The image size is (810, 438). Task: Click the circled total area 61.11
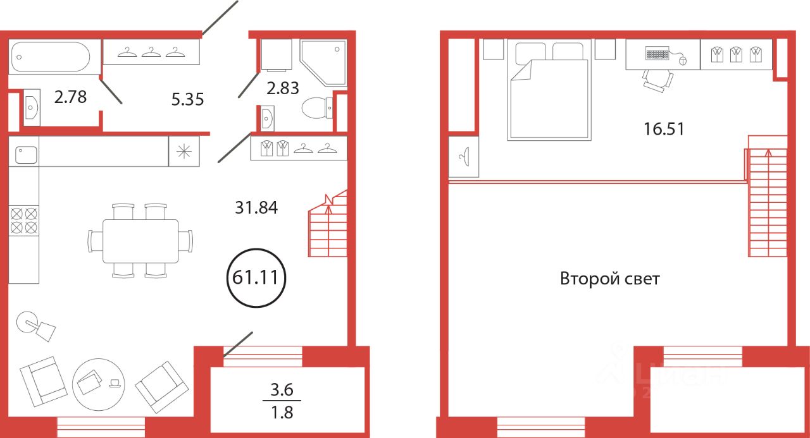point(256,277)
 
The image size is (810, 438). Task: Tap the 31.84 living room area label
point(256,208)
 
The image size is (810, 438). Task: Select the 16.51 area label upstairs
point(664,129)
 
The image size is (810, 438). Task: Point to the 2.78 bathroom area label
point(70,97)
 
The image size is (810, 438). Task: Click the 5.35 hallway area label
point(188,99)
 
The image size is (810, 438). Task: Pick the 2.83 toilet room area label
point(283,88)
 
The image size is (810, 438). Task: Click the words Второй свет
point(609,279)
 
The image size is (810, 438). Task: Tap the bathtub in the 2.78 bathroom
point(51,57)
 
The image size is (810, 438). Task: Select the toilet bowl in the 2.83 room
point(317,108)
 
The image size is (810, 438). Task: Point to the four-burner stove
point(24,221)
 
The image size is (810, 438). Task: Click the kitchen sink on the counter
point(26,155)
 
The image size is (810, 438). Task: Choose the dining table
point(140,241)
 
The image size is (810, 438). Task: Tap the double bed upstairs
point(549,90)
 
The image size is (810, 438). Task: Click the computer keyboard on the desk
point(657,54)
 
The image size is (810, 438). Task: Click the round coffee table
point(98,384)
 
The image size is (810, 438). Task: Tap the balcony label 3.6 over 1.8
point(282,401)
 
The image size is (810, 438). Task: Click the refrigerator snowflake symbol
point(184,151)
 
